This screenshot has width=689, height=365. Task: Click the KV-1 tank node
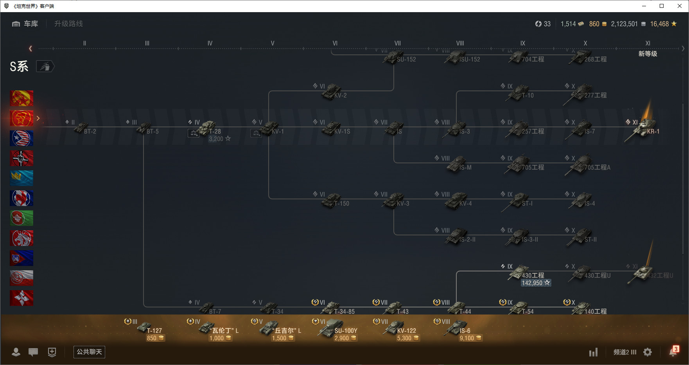pyautogui.click(x=271, y=128)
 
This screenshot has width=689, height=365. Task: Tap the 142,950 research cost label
pyautogui.click(x=536, y=283)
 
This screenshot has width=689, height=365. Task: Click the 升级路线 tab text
pyautogui.click(x=68, y=24)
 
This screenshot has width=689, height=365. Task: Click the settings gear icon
pyautogui.click(x=648, y=352)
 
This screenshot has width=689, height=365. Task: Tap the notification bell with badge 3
pyautogui.click(x=673, y=352)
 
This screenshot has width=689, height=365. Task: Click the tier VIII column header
pyautogui.click(x=460, y=43)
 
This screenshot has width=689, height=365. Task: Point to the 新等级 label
pyautogui.click(x=648, y=54)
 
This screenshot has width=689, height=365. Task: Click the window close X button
pyautogui.click(x=680, y=6)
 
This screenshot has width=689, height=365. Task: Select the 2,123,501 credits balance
pyautogui.click(x=624, y=24)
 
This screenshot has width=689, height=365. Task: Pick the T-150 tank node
pyautogui.click(x=332, y=200)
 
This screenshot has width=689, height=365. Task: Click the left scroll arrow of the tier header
pyautogui.click(x=31, y=49)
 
